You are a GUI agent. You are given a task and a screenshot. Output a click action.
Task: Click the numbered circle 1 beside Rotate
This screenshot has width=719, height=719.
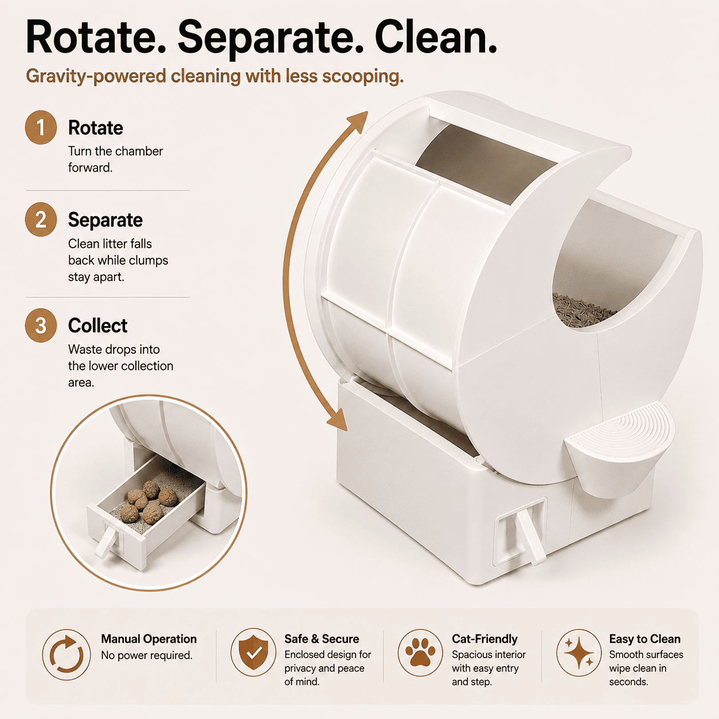pyautogui.click(x=41, y=127)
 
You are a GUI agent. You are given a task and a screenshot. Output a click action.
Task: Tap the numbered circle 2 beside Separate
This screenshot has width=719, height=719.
pyautogui.click(x=41, y=220)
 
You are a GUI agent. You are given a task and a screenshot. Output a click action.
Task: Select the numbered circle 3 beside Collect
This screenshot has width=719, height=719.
pyautogui.click(x=41, y=325)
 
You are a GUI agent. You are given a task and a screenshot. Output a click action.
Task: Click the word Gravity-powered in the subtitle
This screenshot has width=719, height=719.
pyautogui.click(x=96, y=76)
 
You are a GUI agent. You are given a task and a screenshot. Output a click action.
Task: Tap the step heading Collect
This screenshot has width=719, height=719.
pyautogui.click(x=97, y=325)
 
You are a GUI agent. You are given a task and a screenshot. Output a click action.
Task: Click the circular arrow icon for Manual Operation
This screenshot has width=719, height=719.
pyautogui.click(x=67, y=654)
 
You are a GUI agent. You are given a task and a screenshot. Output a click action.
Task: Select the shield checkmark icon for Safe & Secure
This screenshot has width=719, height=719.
pyautogui.click(x=253, y=652)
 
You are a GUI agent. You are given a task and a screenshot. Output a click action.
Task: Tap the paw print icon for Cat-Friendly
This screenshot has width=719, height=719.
pyautogui.click(x=420, y=652)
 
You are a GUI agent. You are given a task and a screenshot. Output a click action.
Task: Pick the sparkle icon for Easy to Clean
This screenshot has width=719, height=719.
pyautogui.click(x=579, y=653)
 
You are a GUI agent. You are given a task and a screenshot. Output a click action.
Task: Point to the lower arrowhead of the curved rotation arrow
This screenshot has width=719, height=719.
pyautogui.click(x=337, y=420)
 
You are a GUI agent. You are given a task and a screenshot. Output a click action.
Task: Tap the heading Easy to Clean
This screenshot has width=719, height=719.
pyautogui.click(x=645, y=639)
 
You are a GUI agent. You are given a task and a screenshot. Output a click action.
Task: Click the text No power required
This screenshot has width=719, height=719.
pyautogui.click(x=147, y=655)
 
